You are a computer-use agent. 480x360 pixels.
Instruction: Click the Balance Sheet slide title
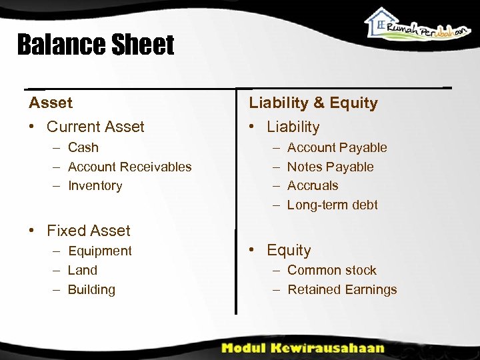95,45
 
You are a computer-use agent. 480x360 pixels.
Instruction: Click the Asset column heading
51,103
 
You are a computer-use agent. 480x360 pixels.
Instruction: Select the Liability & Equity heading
313,103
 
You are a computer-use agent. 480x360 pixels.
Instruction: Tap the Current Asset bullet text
95,127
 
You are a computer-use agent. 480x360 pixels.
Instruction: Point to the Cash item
83,147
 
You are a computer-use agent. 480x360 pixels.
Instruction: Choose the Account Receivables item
129,167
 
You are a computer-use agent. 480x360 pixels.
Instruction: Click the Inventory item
95,186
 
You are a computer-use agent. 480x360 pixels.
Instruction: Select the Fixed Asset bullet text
89,231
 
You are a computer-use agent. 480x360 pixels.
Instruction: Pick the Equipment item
100,251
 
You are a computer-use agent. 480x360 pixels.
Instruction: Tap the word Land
83,270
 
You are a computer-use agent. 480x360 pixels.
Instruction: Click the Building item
92,289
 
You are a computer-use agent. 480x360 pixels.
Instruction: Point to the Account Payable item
337,147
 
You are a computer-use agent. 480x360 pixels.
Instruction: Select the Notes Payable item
330,167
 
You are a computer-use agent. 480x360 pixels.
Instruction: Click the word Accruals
313,186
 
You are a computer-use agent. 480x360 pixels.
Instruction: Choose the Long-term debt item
332,205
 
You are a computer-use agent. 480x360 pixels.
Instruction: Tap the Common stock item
331,270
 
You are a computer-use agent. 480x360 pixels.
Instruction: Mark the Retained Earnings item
342,289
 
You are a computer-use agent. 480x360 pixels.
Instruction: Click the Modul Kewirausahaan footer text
303,347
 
